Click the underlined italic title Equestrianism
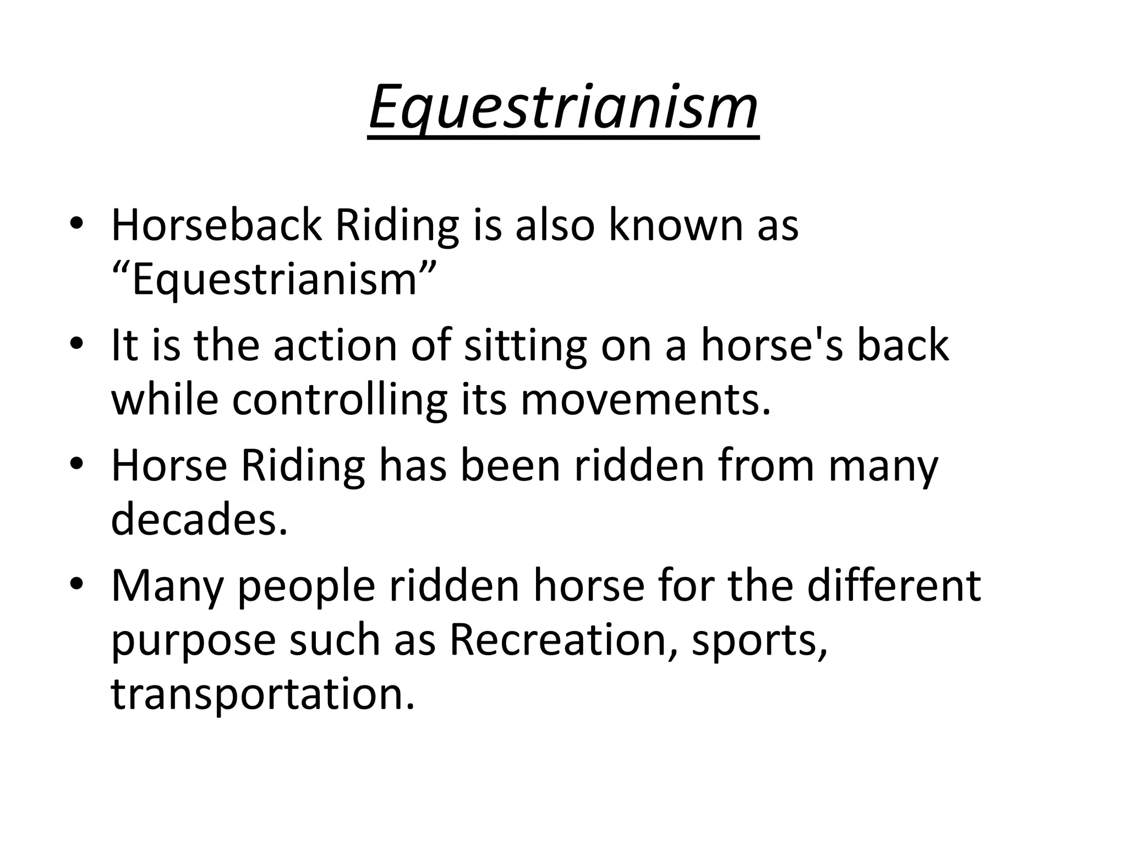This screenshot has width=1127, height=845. (563, 108)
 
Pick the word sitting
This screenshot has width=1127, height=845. (526, 347)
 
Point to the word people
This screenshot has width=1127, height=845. (307, 586)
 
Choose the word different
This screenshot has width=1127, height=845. (894, 585)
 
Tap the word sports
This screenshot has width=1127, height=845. (759, 641)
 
